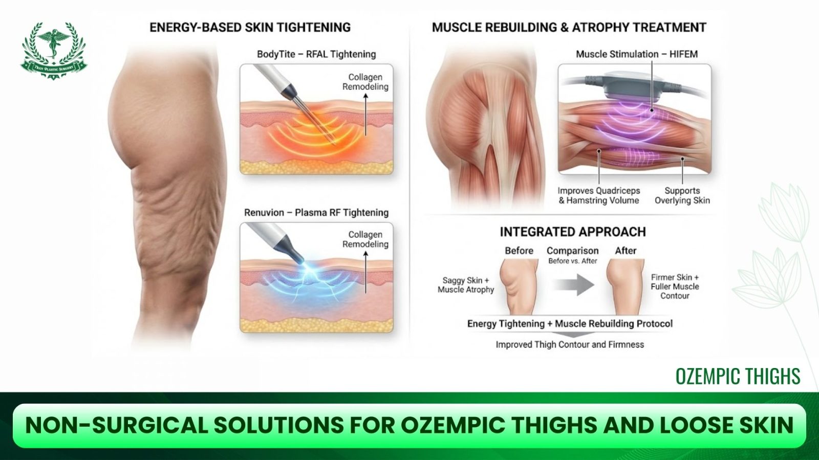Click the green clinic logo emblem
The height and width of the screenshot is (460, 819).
pos(53,51)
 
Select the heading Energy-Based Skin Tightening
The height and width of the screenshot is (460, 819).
pos(250,28)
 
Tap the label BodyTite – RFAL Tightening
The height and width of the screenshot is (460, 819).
pos(316,54)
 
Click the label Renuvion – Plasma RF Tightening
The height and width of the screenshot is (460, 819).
pos(316,213)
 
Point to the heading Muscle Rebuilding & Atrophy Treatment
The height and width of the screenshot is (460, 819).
pos(569,28)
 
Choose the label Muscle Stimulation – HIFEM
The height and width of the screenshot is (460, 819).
pos(636,54)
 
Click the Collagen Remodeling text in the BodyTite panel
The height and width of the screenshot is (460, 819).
pos(365,82)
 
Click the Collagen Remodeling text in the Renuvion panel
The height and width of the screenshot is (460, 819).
pos(365,239)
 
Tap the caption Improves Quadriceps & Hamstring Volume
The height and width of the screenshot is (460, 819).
pos(598,196)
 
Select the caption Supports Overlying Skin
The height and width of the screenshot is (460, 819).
pos(682,196)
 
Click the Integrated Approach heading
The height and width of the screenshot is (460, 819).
pos(572,232)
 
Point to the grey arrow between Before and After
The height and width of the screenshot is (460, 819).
pos(574,285)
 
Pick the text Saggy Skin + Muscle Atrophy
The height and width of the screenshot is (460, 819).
pos(465,285)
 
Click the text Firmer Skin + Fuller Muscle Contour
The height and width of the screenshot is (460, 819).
pos(675,286)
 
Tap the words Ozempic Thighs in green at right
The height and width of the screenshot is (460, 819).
pos(738,376)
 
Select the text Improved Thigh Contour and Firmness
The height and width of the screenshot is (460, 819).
pos(569,345)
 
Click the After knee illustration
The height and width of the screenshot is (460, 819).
pos(625,286)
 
